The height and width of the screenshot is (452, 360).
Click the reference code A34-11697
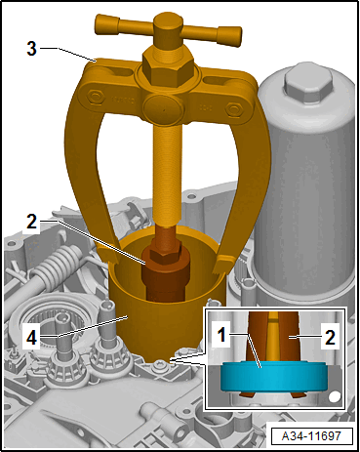pos(311,435)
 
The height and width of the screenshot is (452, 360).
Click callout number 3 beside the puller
pos(31,49)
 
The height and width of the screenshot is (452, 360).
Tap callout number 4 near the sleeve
pos(31,338)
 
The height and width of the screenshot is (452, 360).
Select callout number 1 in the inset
pos(221,335)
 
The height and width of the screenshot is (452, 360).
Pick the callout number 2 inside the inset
pos(330,338)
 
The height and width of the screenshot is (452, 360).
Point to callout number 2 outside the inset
pos(31,223)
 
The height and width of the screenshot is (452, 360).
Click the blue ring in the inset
pos(273,377)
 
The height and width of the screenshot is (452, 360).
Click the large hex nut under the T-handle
pos(168,65)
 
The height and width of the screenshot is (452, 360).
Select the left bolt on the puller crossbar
pos(95,97)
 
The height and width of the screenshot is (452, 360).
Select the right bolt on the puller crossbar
pos(233,108)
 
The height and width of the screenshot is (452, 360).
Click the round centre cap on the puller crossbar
pos(164,109)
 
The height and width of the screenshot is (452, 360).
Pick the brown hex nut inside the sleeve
pos(164,254)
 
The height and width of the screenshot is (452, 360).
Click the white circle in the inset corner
pos(335,396)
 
